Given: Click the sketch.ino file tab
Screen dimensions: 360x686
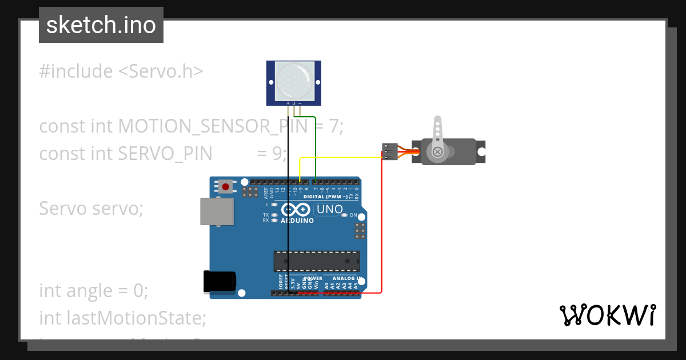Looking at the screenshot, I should coord(101,25).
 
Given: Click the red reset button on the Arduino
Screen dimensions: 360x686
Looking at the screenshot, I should coord(226,186).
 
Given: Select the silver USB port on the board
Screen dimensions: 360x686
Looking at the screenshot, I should coord(217,211).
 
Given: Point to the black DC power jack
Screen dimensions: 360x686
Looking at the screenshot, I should coord(220,282).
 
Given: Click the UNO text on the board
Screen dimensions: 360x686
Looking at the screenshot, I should coord(330,210).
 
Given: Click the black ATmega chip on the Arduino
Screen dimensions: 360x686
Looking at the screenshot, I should coord(316,261).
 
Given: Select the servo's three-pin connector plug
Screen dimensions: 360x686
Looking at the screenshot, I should coord(389,151).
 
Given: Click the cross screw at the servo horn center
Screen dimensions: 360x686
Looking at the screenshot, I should coord(437,151).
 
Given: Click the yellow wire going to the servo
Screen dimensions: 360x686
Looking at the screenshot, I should coord(343,157).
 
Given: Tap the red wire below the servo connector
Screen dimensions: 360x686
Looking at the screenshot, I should coord(381,229).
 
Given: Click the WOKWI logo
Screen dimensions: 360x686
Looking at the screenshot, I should coord(608,315).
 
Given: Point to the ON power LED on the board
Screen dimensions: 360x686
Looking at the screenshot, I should coord(345,215).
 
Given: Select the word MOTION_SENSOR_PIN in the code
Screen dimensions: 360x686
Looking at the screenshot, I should coord(212,126).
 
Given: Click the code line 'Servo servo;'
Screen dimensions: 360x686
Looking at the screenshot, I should coord(91,209).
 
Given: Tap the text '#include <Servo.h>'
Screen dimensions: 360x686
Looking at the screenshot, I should coord(121,71).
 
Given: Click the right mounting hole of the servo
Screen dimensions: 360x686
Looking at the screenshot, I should coord(481,152).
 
